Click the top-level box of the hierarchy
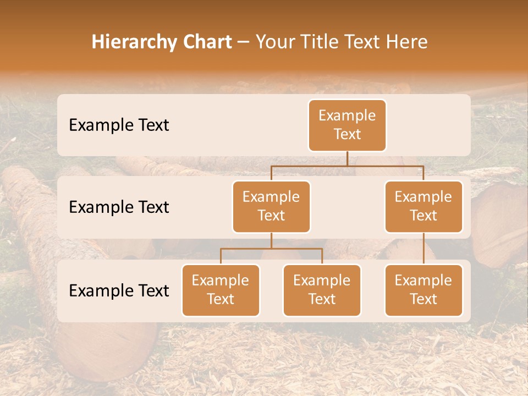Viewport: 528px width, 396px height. coord(347,125)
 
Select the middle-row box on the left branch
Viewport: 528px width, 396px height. coord(271,207)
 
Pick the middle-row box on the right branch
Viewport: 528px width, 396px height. coord(424,207)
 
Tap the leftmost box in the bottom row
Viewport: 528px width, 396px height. coord(221,290)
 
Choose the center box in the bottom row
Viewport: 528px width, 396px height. coord(322,290)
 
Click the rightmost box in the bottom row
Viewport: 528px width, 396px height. coord(424,290)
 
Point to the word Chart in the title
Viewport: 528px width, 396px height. coord(206,42)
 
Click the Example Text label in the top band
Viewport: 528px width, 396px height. coord(119,125)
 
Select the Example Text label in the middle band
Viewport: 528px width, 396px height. coord(119,207)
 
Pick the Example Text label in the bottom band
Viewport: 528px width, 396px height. coord(119,290)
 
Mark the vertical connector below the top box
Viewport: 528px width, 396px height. coord(347,159)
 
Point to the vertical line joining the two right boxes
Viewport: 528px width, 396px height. coord(424,249)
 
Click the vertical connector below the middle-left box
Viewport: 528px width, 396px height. coord(271,240)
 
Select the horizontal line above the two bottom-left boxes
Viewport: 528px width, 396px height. coord(271,249)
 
